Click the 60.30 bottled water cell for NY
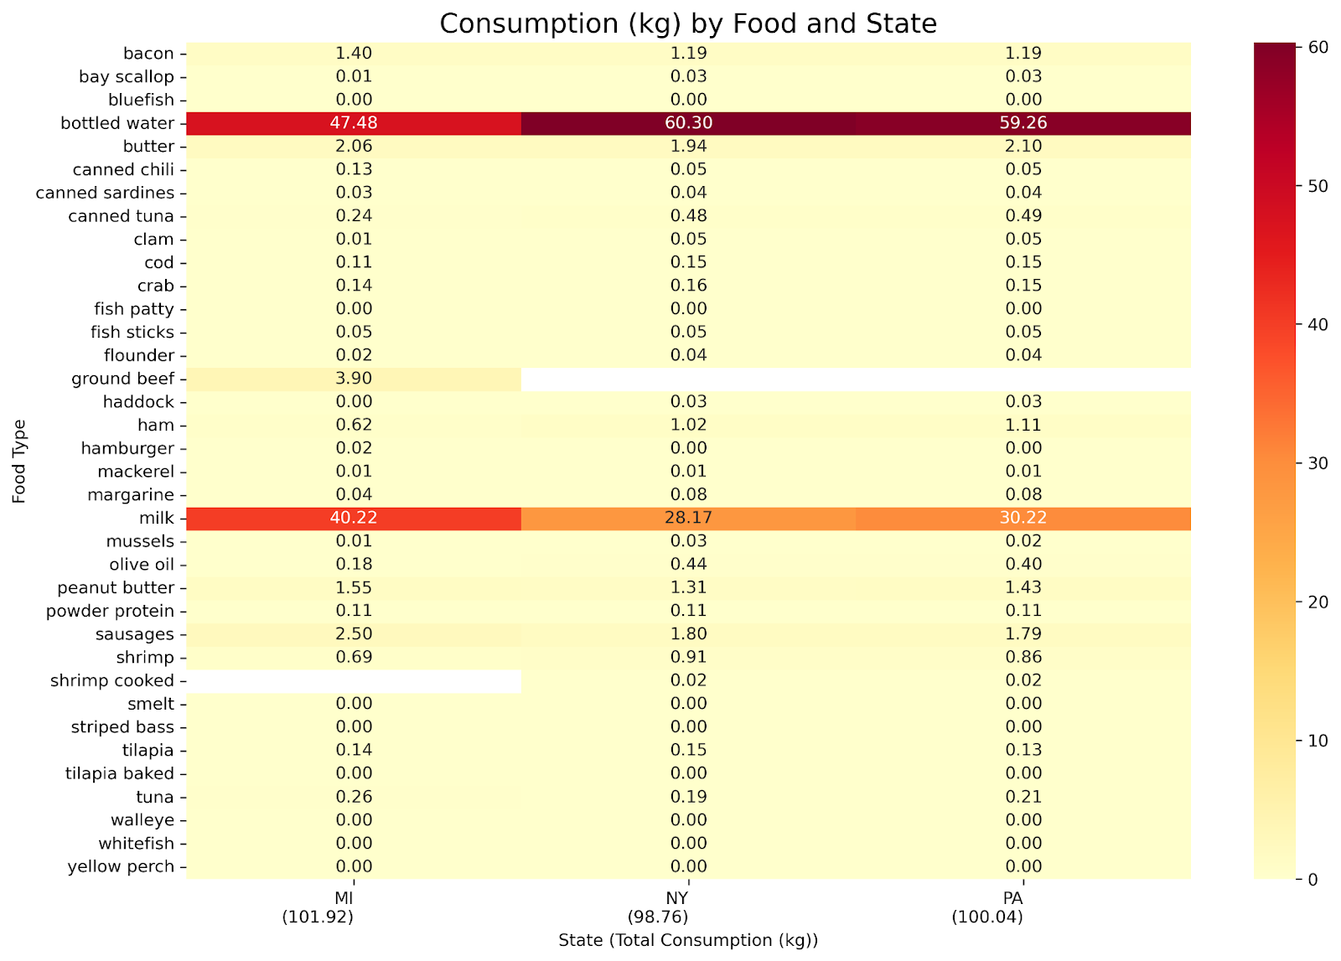click(688, 123)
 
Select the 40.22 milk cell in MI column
click(353, 518)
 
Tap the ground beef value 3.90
click(353, 379)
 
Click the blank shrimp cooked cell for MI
click(353, 680)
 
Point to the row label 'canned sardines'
click(105, 193)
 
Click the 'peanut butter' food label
click(116, 588)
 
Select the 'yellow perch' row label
click(121, 867)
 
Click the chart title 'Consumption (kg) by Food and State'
click(687, 23)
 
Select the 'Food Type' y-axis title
click(20, 461)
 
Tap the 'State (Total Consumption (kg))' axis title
click(687, 940)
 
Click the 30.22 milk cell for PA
click(1023, 518)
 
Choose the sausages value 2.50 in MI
click(353, 634)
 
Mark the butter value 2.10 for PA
click(1023, 147)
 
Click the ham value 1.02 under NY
click(688, 425)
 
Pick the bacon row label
click(148, 54)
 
